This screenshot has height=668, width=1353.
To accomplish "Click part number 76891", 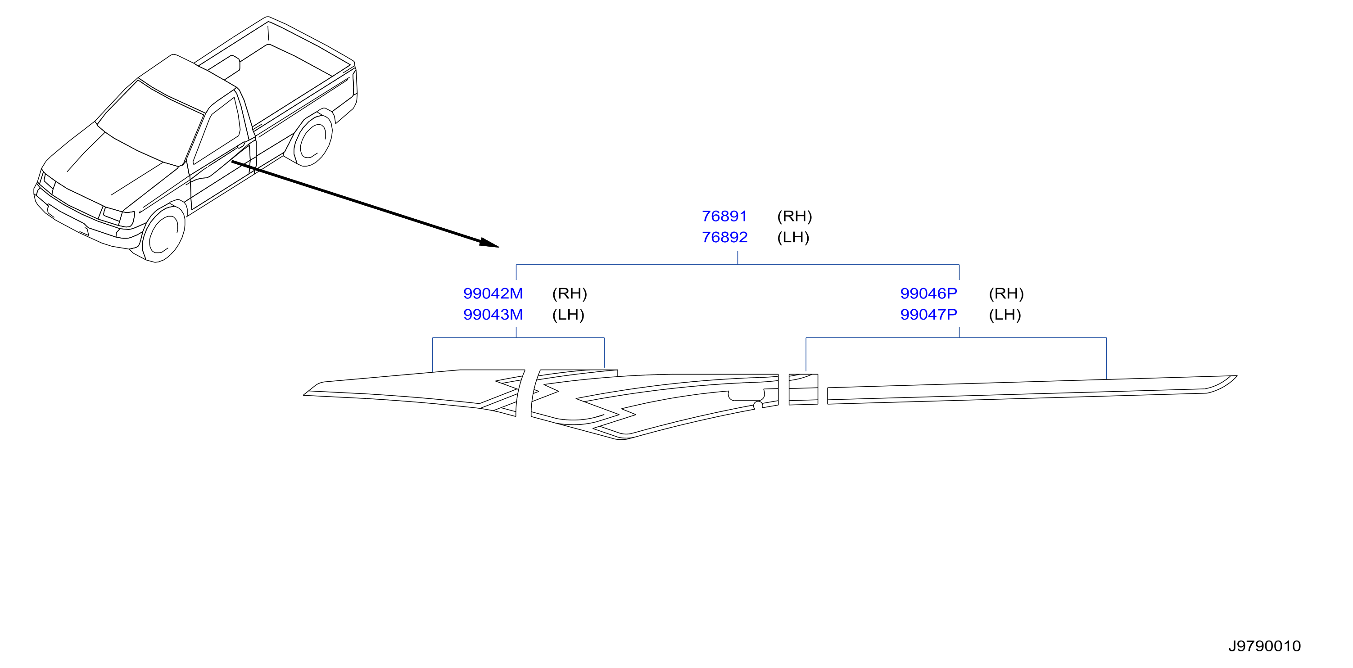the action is point(724,216).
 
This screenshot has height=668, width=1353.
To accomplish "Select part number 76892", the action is point(724,237).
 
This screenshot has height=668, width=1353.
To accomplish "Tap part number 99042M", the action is point(493,293).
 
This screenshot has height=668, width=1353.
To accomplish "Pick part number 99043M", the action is point(493,314).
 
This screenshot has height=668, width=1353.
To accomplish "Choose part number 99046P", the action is point(928,293).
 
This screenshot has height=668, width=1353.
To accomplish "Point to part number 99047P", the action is point(928,314).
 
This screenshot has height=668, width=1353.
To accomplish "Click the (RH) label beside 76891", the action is point(794,216).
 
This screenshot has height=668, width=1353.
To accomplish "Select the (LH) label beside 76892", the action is point(793,237).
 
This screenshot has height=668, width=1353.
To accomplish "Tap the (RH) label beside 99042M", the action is point(570,293).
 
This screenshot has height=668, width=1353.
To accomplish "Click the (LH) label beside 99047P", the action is point(1005,314).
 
